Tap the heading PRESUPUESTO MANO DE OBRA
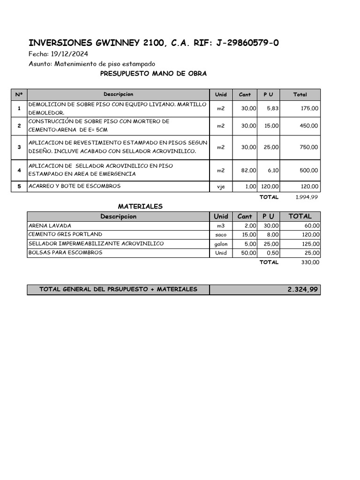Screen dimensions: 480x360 [x=153, y=74]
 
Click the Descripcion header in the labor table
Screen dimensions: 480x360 [x=119, y=95]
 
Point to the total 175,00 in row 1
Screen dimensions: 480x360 [x=309, y=108]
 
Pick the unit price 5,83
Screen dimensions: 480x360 [x=272, y=108]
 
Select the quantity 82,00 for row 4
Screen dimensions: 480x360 [x=248, y=170]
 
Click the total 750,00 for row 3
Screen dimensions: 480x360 [x=309, y=147]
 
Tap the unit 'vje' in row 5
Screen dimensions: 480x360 [x=221, y=187]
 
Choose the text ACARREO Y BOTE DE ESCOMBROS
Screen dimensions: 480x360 [x=75, y=186]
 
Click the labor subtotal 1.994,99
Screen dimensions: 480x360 [x=307, y=197]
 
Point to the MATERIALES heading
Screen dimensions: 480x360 [x=140, y=206]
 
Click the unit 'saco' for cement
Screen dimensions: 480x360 [x=221, y=235]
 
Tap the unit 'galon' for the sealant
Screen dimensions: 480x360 [x=221, y=244]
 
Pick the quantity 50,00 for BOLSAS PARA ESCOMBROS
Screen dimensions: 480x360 [x=248, y=253]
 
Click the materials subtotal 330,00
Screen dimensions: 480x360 [x=310, y=262]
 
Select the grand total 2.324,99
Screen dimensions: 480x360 [x=302, y=290]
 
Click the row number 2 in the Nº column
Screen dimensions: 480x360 [x=19, y=126]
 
